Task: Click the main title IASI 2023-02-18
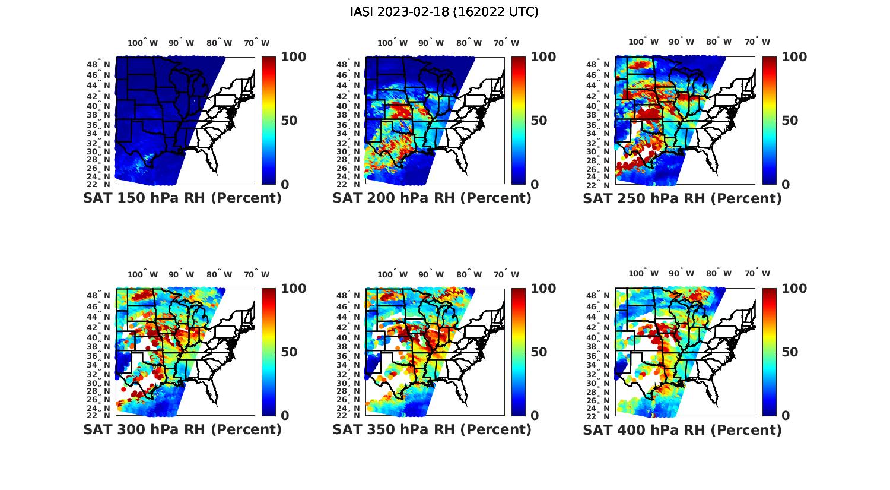[444, 12]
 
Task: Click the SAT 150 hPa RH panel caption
[182, 198]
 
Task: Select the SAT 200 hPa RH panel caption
[432, 198]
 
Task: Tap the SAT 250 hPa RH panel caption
[682, 198]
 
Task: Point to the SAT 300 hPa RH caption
[182, 429]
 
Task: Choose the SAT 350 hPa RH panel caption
[432, 429]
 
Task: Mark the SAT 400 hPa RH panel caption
[682, 429]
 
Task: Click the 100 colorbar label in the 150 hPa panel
[293, 57]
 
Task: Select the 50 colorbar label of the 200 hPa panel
[539, 121]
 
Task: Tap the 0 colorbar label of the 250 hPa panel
[786, 185]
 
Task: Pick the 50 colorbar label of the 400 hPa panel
[790, 352]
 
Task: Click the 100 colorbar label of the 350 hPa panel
[543, 289]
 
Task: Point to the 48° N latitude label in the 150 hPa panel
[98, 65]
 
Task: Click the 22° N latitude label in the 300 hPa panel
[98, 415]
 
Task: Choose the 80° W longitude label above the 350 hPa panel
[469, 274]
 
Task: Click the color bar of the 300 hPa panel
[269, 352]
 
